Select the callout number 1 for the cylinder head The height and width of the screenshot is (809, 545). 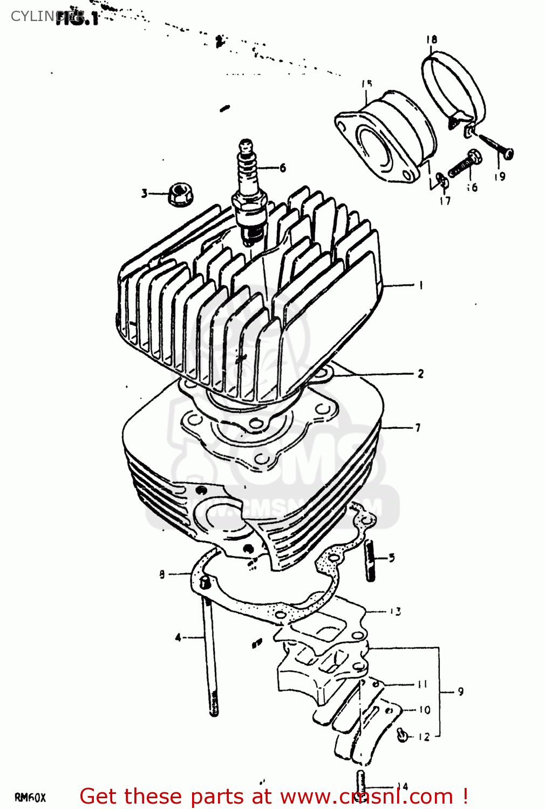click(421, 285)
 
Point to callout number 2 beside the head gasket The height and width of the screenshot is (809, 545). click(421, 373)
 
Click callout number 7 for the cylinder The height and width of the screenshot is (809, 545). click(418, 428)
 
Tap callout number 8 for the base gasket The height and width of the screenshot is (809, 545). click(162, 574)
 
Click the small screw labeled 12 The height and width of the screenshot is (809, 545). click(403, 734)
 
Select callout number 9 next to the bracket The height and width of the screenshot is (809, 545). click(460, 691)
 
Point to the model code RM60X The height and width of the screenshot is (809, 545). click(30, 798)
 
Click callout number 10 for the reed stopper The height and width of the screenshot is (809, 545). click(425, 710)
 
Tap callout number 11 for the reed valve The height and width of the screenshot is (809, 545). click(423, 684)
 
